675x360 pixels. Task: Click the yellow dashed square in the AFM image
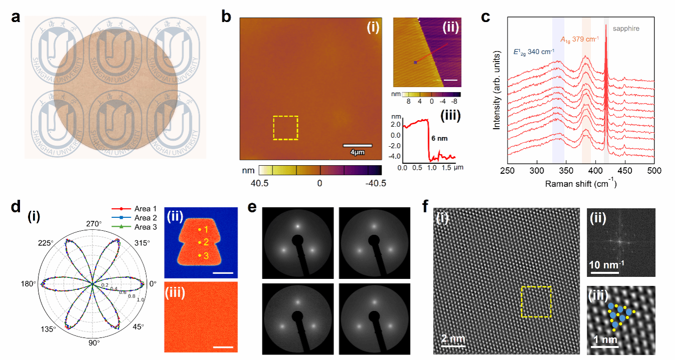click(285, 128)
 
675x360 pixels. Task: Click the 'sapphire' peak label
click(626, 29)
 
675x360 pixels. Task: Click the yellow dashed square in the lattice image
click(536, 302)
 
